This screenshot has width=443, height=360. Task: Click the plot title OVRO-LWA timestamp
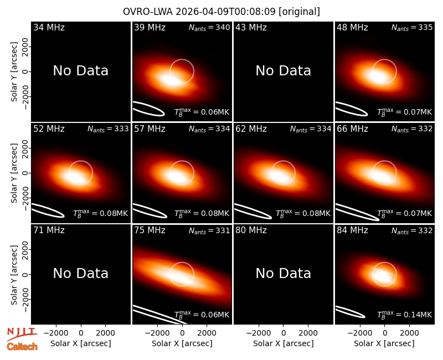point(221,12)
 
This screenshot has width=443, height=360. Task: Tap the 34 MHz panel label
point(49,27)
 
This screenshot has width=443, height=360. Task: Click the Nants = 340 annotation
point(209,27)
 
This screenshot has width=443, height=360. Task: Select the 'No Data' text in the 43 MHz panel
point(283,71)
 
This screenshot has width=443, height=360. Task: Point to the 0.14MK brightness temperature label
point(405,315)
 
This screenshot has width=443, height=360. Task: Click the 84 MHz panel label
point(352,230)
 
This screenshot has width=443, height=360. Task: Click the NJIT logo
point(22,334)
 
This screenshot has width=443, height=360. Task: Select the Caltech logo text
point(22,347)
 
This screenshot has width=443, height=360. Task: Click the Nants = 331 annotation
point(209,230)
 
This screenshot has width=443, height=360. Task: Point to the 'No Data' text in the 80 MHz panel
point(283,273)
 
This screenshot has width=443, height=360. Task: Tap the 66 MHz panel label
point(352,129)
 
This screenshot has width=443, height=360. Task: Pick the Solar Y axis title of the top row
point(14,72)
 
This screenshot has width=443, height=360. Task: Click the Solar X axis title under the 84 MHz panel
point(384,343)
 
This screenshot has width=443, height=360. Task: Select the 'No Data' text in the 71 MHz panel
point(80,273)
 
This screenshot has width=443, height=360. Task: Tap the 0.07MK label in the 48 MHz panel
point(405,112)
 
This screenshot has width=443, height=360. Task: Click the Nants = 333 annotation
point(108,129)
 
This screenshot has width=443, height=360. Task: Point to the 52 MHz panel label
point(49,129)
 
